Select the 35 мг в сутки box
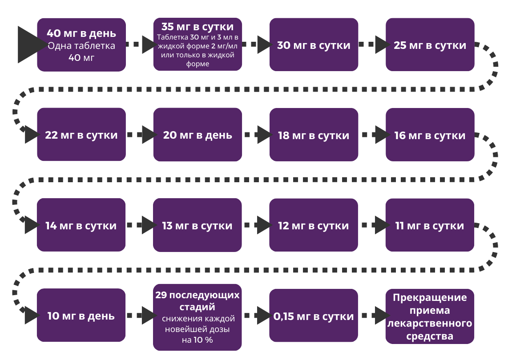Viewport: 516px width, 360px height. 198,44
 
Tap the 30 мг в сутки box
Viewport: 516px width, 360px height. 314,45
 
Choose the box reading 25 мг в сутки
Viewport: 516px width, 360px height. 430,45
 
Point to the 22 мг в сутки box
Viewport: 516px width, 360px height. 81,135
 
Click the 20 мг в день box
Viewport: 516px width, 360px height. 198,135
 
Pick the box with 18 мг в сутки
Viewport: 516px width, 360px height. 314,135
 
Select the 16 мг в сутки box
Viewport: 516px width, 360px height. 430,135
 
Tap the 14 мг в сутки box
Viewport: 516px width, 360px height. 81,225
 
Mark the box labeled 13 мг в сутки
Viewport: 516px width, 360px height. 198,225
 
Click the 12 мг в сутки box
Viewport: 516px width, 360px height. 314,225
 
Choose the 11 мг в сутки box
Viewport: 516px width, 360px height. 430,225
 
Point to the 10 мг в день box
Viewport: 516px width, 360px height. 81,316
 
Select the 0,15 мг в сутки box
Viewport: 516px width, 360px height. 314,316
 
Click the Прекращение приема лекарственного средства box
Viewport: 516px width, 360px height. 430,316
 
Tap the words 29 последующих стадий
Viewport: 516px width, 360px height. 198,301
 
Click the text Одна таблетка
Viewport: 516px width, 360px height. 81,46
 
